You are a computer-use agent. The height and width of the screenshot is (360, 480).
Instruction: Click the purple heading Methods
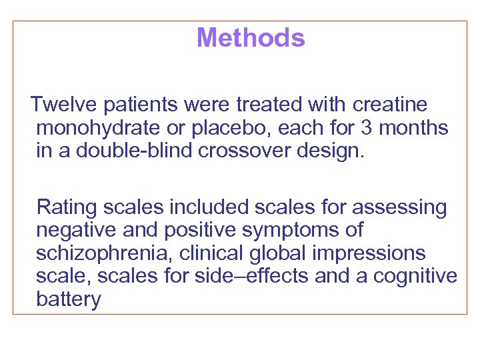[251, 38]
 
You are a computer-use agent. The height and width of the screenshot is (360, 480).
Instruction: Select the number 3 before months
[371, 127]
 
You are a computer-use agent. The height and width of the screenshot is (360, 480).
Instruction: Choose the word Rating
[67, 208]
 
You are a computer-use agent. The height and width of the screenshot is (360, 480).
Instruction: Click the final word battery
[69, 300]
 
